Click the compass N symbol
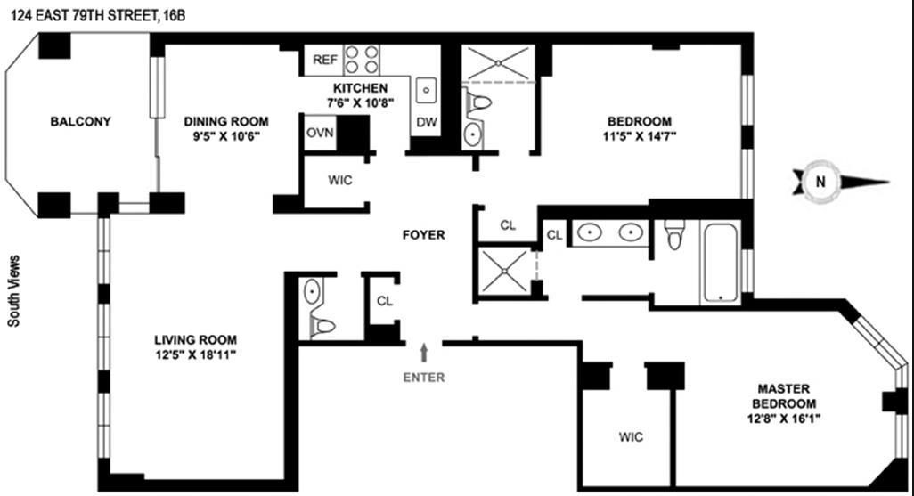818,183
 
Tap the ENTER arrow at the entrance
424,351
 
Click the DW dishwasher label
426,121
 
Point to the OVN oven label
319,133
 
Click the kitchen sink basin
427,90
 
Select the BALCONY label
80,122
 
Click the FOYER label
423,235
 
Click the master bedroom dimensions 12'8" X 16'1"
783,418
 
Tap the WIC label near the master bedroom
631,437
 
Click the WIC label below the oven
340,180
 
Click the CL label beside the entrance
384,301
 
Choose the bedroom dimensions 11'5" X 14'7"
639,137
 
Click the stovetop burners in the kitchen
362,59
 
